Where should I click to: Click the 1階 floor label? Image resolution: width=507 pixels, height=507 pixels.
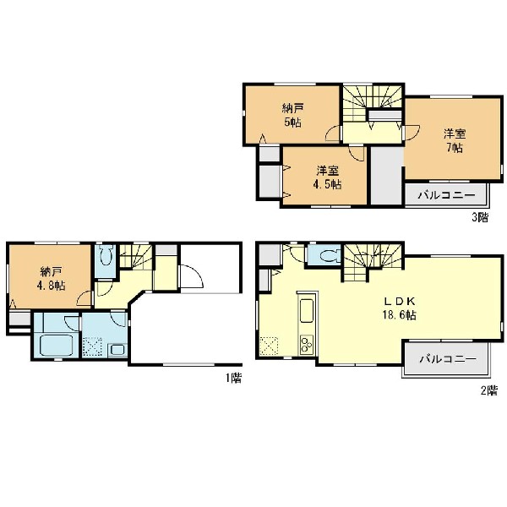[233, 378]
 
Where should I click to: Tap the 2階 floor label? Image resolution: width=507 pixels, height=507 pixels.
[488, 390]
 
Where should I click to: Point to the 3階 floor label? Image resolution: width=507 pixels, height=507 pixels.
[480, 217]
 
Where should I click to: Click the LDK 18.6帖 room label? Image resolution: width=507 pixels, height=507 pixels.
[400, 308]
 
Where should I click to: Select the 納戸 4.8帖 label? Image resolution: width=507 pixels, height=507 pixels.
[51, 278]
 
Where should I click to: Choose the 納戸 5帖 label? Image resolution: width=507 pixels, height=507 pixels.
[292, 115]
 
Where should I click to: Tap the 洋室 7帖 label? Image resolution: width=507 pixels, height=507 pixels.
[455, 140]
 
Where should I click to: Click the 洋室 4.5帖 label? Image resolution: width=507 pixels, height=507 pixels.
[327, 177]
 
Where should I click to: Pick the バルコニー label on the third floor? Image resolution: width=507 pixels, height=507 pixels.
[446, 195]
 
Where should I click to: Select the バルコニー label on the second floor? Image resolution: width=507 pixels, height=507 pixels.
[448, 359]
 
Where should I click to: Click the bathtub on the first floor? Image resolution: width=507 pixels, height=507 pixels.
[56, 346]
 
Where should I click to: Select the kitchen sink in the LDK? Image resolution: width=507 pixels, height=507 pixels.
[307, 311]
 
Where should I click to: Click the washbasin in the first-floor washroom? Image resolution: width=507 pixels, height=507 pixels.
[117, 350]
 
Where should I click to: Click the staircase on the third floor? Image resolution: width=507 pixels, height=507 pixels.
[372, 103]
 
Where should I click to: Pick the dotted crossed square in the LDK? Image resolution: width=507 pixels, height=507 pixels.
[269, 346]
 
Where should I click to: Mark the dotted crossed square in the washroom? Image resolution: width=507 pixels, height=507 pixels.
[92, 347]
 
